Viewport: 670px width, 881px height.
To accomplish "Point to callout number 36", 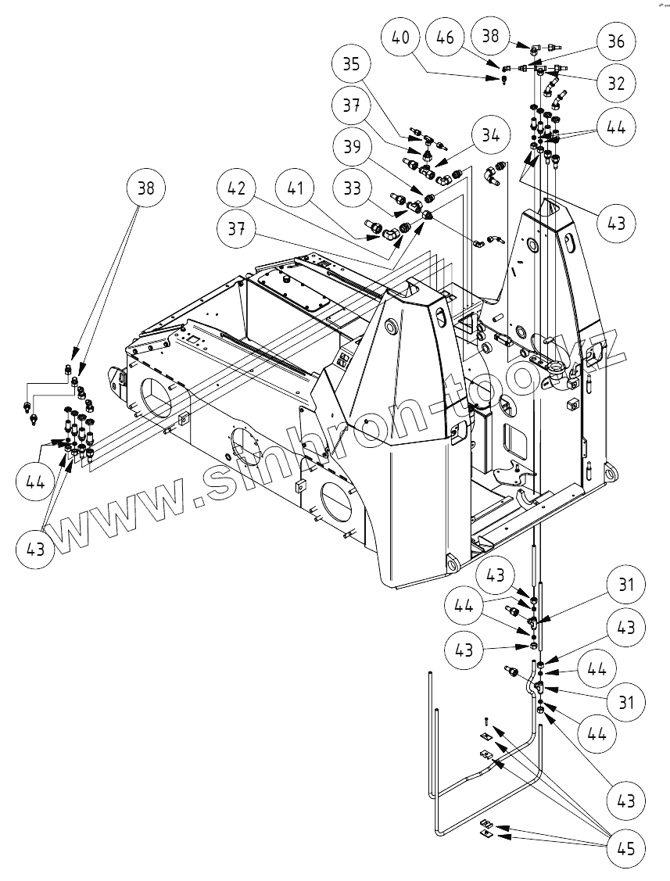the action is (616, 42).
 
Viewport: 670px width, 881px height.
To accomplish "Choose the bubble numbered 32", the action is (616, 84).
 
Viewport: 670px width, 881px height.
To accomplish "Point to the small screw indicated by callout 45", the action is (485, 720).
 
